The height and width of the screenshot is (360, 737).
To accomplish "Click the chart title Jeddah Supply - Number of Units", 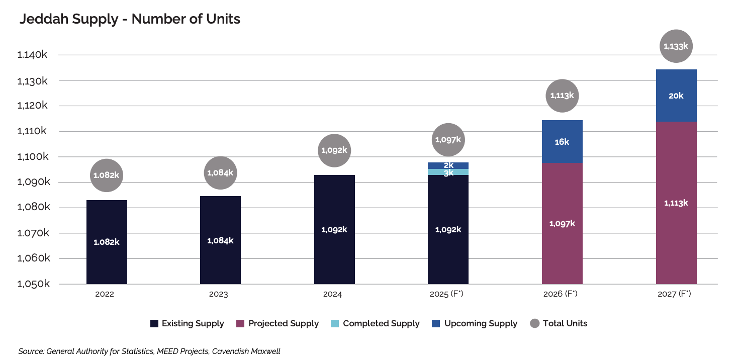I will [130, 19].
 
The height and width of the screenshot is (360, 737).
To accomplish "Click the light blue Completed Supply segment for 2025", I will [448, 172].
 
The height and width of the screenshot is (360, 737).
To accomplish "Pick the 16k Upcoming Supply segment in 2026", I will [562, 141].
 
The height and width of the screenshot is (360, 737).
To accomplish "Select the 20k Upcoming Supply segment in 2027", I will [676, 96].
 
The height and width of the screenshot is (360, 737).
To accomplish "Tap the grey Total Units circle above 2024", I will [334, 150].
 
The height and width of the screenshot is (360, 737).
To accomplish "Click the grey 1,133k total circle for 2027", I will [676, 46].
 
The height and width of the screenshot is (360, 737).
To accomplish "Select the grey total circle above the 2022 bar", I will [107, 175].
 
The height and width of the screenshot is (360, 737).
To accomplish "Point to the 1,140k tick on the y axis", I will [32, 55].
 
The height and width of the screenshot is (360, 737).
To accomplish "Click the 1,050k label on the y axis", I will [32, 284].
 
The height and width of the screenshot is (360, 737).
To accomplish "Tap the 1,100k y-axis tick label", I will [32, 157].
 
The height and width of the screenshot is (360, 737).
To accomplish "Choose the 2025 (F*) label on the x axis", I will [448, 294].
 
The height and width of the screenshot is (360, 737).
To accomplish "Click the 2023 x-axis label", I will [218, 294].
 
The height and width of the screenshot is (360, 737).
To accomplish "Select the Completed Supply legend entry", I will [375, 323].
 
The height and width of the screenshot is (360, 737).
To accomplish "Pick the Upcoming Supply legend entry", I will [475, 323].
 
